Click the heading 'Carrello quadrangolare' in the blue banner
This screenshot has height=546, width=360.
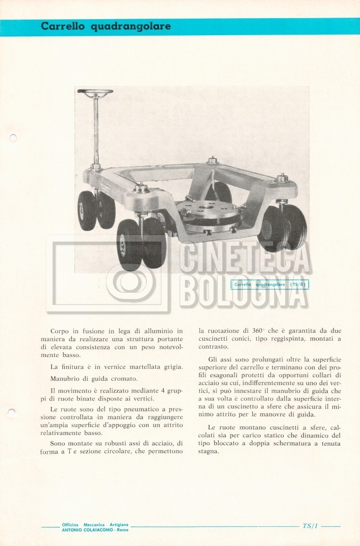pyautogui.click(x=106, y=26)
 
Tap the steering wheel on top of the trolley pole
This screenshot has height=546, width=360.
pyautogui.click(x=95, y=92)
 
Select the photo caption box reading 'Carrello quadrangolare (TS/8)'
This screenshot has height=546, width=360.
pyautogui.click(x=270, y=285)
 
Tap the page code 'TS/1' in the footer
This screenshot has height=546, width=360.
pyautogui.click(x=310, y=526)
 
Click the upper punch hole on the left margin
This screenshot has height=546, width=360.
pyautogui.click(x=13, y=138)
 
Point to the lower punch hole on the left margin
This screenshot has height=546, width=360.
pyautogui.click(x=12, y=411)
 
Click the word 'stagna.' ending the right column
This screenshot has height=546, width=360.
pyautogui.click(x=209, y=451)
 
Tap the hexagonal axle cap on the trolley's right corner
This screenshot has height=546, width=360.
pyautogui.click(x=282, y=178)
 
